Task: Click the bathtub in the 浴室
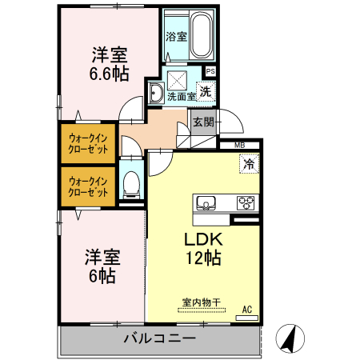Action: [202, 34]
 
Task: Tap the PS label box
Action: [210, 71]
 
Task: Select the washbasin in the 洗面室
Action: [156, 93]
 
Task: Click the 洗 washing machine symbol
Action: [206, 91]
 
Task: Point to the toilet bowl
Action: [131, 183]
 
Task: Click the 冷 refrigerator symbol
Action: [250, 164]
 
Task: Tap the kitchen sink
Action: [206, 203]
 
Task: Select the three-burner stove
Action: [246, 203]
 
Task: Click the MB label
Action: [239, 146]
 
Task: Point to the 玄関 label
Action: [203, 122]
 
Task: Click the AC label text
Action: [247, 310]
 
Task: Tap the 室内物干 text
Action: [202, 302]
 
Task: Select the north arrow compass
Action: [290, 338]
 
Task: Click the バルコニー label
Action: [160, 338]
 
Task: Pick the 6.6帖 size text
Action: [109, 74]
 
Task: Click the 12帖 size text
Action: [203, 258]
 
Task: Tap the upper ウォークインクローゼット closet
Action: [88, 143]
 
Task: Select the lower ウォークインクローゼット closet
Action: [88, 186]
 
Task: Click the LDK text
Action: [203, 239]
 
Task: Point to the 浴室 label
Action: [176, 37]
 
